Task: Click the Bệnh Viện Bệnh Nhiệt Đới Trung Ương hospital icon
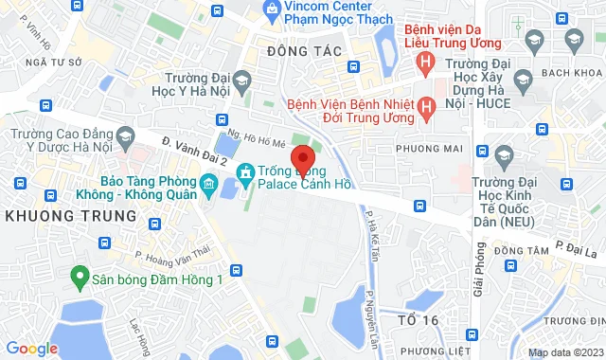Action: [x=426, y=107]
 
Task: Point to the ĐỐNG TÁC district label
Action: [x=297, y=49]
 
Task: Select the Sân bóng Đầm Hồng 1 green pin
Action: [x=80, y=279]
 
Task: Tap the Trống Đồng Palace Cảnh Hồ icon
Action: [x=244, y=171]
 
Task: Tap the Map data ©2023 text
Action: [x=565, y=352]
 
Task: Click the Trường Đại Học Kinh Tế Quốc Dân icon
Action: [x=503, y=155]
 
